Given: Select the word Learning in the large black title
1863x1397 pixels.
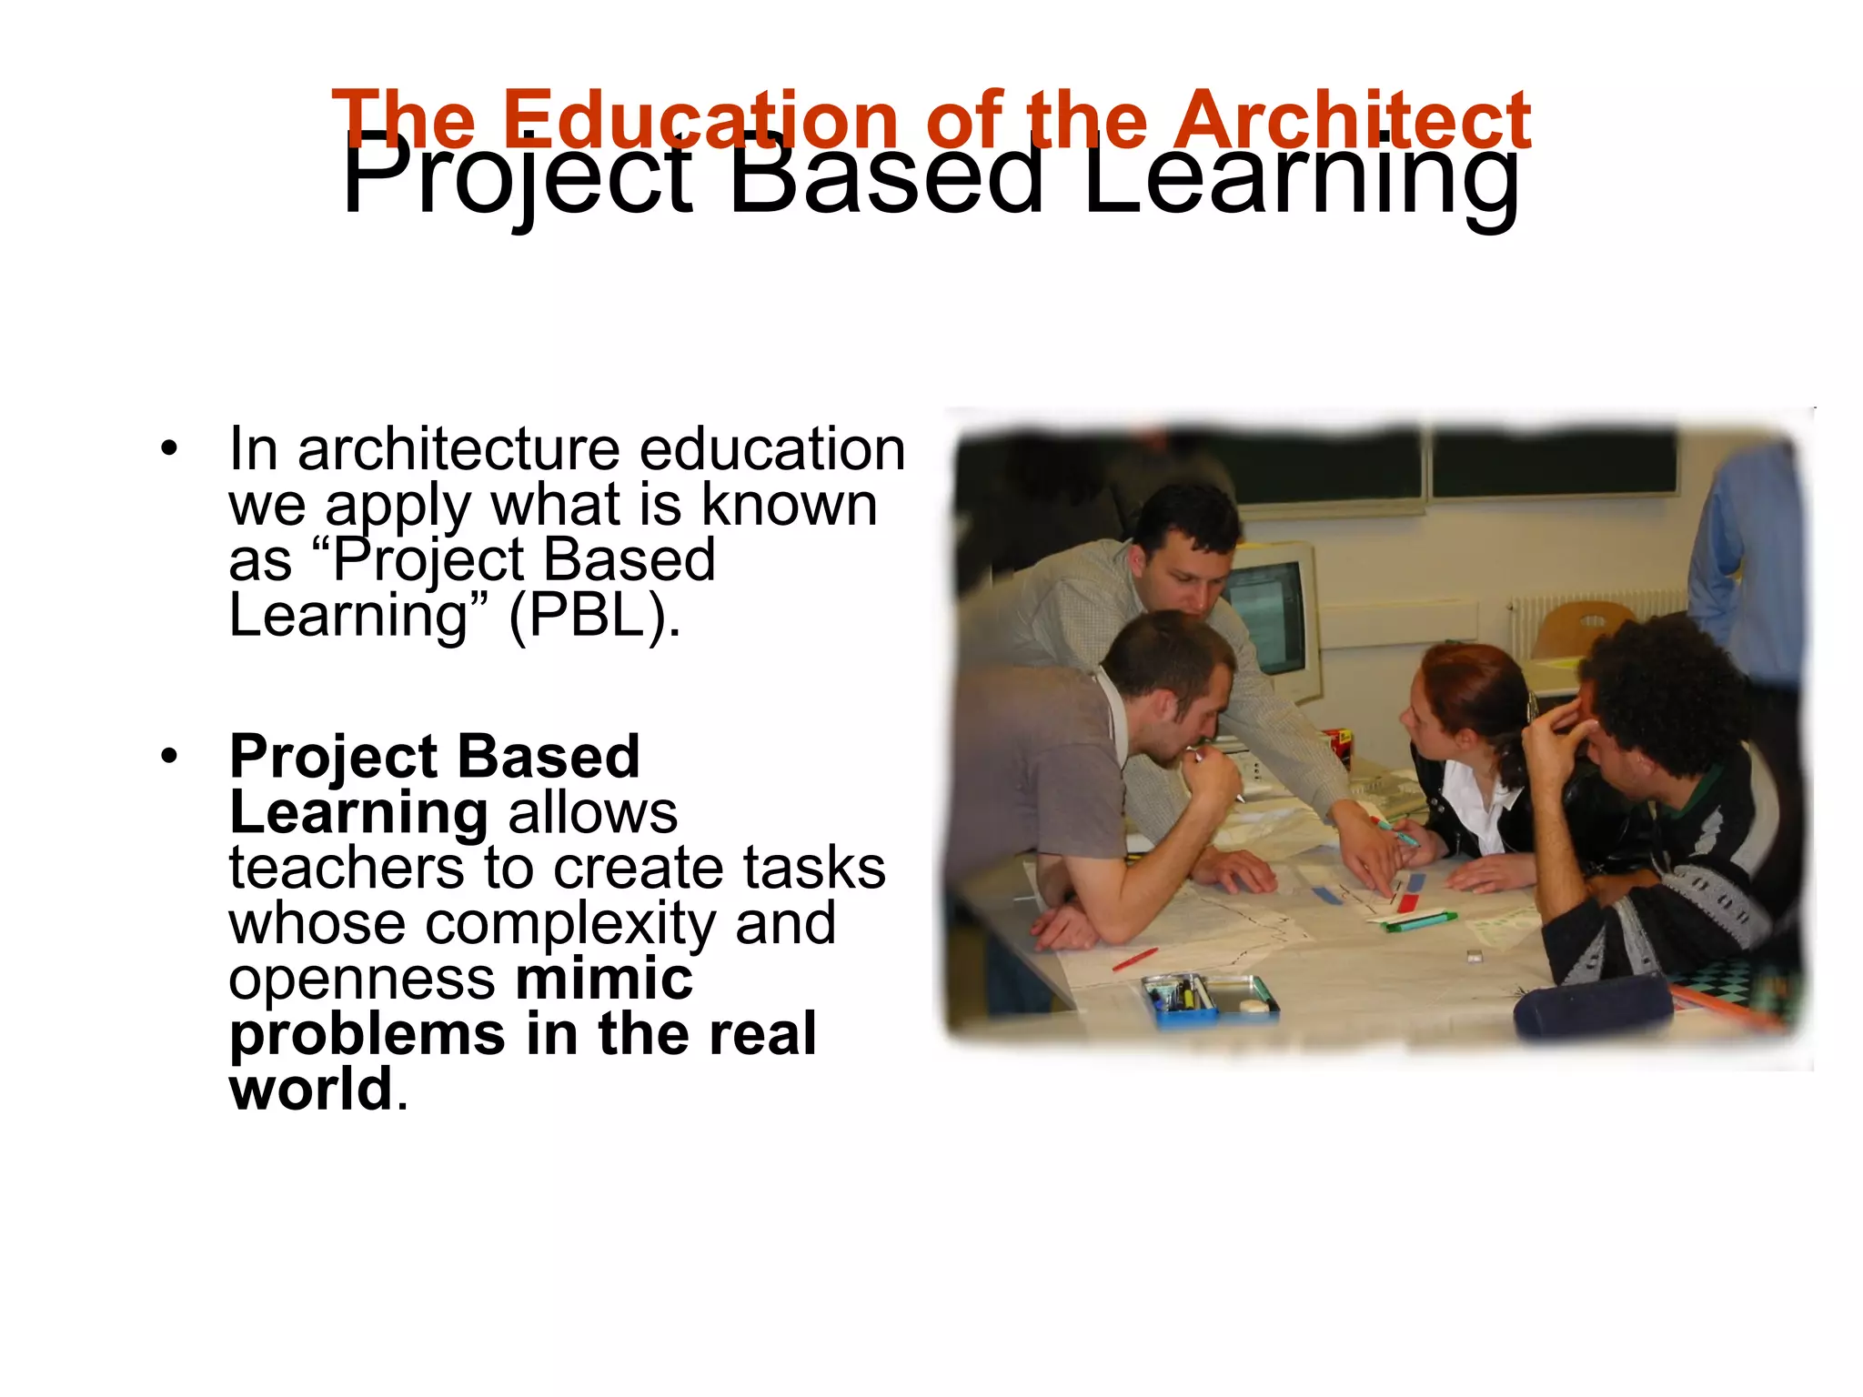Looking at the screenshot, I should pyautogui.click(x=1301, y=177).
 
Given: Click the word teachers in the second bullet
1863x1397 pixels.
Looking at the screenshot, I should pyautogui.click(x=346, y=868).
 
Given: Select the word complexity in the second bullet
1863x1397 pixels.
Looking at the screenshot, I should pyautogui.click(x=570, y=923).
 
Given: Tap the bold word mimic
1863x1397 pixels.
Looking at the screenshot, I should pyautogui.click(x=604, y=979).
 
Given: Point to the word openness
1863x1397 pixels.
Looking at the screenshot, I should pyautogui.click(x=362, y=979).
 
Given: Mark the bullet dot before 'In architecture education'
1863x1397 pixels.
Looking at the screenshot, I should pyautogui.click(x=168, y=448).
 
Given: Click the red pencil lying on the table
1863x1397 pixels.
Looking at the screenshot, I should pyautogui.click(x=1134, y=959).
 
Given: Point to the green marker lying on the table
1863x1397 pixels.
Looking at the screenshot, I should pyautogui.click(x=1419, y=920).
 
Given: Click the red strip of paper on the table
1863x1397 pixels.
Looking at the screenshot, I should pyautogui.click(x=1408, y=901).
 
